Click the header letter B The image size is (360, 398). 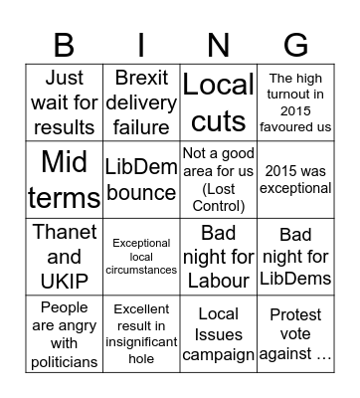point(64,44)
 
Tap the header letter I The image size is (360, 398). point(141,44)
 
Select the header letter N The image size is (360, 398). point(218,44)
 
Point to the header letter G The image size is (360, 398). point(295,44)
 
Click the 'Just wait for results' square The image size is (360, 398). point(64,101)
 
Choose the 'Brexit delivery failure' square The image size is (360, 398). point(141,101)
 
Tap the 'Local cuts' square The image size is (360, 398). point(218,101)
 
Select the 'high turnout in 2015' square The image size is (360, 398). point(295,101)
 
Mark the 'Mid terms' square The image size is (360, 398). point(64,179)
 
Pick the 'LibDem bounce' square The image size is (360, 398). point(141,179)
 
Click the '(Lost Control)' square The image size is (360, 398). point(218,179)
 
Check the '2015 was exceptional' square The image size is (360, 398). point(295,179)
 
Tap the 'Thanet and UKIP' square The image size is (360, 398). point(64,256)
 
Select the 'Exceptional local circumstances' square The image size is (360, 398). point(141,256)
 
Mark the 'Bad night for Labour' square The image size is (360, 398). point(218,256)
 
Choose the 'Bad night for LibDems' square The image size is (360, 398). point(295,256)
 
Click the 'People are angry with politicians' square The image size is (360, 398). point(64,333)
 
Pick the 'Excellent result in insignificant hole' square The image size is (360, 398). point(141,333)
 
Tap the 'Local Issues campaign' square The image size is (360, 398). point(218,333)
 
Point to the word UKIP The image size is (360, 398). point(64,282)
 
